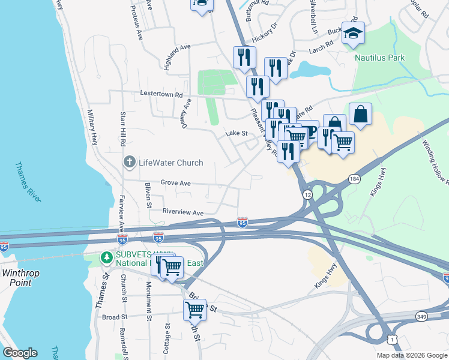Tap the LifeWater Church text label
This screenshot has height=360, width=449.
(171, 163)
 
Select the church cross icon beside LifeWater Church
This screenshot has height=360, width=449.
(129, 162)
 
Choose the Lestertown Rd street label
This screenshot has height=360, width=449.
(161, 94)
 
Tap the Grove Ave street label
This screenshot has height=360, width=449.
(175, 183)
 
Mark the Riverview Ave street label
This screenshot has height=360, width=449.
(183, 212)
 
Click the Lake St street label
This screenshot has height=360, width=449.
(237, 134)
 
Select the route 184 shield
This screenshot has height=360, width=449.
(355, 179)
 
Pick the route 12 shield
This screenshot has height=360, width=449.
(307, 195)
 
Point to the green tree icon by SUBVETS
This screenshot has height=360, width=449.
(106, 257)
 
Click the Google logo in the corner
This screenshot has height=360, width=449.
(20, 353)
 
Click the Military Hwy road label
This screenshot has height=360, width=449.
(93, 127)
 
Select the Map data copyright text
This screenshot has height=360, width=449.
(411, 355)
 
